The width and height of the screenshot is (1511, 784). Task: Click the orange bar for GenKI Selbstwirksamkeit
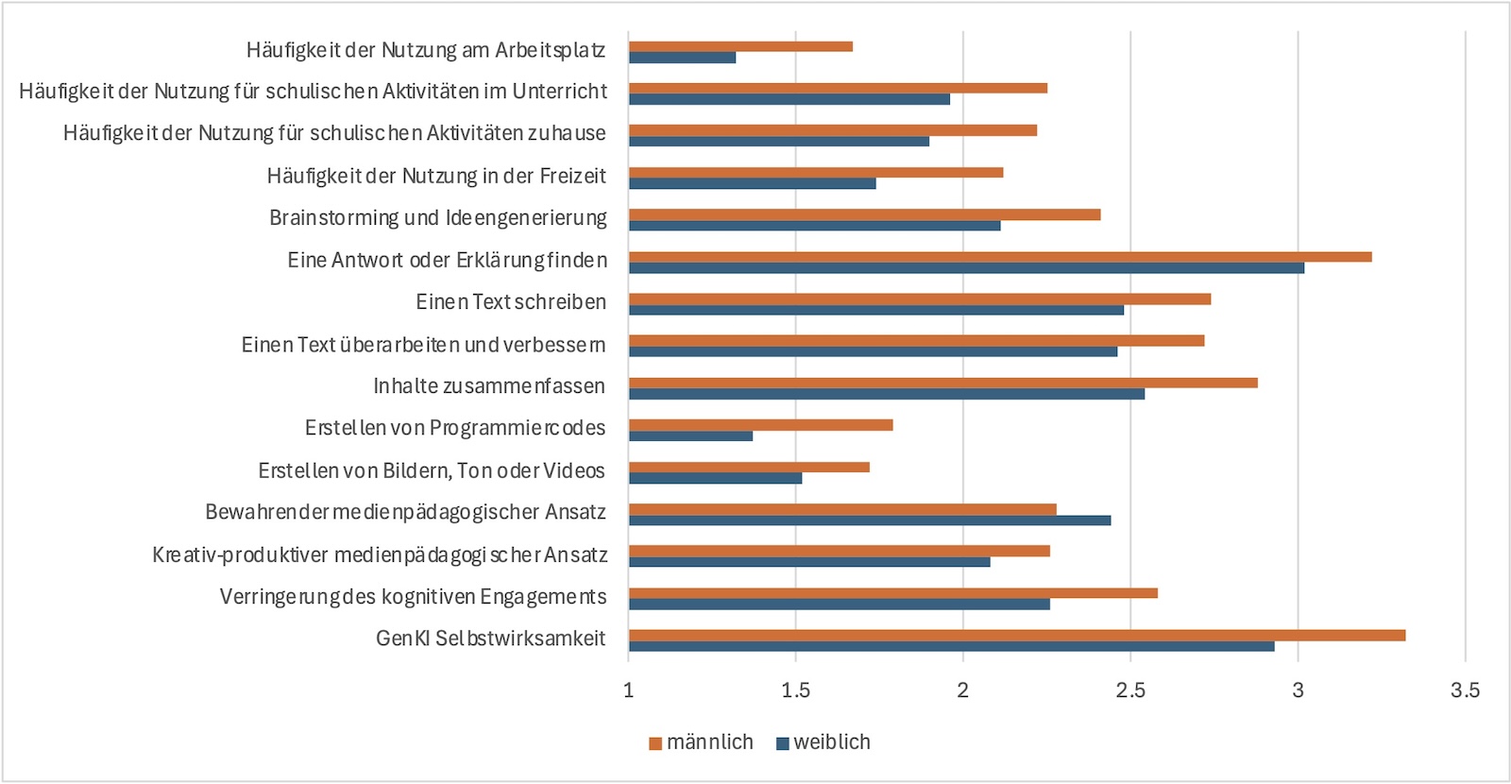[1017, 635]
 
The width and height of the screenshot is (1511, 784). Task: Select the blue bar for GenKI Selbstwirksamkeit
[951, 646]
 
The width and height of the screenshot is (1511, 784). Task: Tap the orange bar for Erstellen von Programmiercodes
[760, 425]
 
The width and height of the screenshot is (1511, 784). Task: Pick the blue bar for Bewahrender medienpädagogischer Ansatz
[870, 520]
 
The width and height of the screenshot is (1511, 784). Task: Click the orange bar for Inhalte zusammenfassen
[942, 383]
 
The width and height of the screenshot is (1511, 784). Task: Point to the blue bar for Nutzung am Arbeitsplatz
[682, 58]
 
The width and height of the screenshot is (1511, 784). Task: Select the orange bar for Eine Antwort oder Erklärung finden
[1000, 257]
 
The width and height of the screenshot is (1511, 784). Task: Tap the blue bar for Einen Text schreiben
[876, 310]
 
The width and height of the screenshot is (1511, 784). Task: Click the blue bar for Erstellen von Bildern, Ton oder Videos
[715, 478]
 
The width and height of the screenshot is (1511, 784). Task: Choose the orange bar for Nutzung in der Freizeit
[816, 172]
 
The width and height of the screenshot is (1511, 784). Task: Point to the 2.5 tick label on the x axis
[1130, 690]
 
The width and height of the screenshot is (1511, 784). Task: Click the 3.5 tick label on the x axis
[1465, 690]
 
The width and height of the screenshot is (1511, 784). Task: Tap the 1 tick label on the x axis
[629, 690]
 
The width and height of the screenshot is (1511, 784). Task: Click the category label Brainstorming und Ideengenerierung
[438, 218]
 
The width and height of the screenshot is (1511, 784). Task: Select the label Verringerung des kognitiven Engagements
[413, 597]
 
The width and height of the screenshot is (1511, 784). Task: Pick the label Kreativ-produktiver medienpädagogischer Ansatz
[380, 554]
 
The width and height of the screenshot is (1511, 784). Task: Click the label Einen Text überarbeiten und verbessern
[423, 345]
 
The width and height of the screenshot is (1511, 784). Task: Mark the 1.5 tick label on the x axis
[795, 690]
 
